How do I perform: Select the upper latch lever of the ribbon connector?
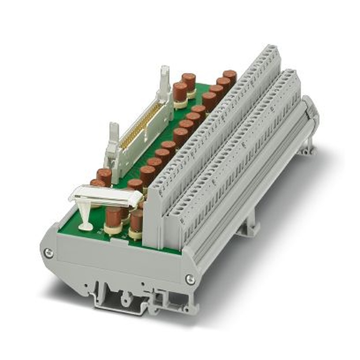click(x=165, y=79)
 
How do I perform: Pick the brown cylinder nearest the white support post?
click(x=114, y=218)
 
